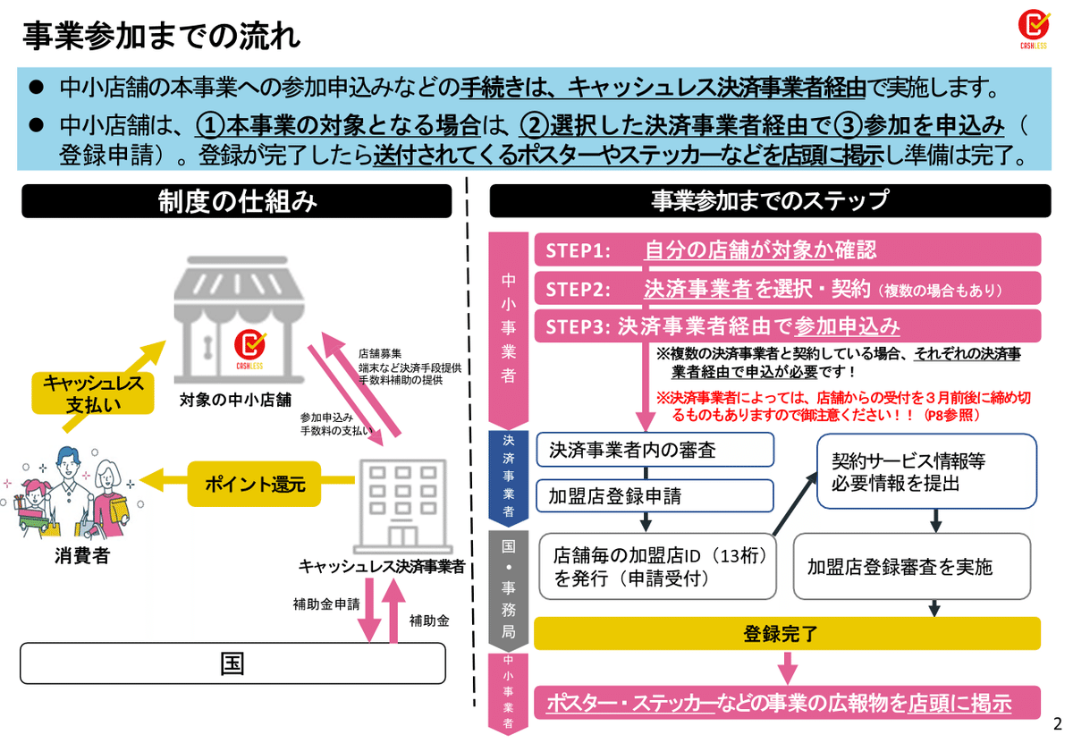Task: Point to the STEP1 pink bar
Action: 787,250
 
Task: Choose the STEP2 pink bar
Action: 787,289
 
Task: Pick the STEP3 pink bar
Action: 787,325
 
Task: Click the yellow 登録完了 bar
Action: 787,634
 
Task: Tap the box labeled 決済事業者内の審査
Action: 655,450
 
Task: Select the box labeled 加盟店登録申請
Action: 655,496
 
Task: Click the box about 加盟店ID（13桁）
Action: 657,566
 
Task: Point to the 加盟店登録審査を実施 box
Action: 916,566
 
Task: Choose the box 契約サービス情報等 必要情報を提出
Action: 926,471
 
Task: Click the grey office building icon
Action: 401,505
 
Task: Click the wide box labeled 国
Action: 232,663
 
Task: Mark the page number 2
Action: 1057,722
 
